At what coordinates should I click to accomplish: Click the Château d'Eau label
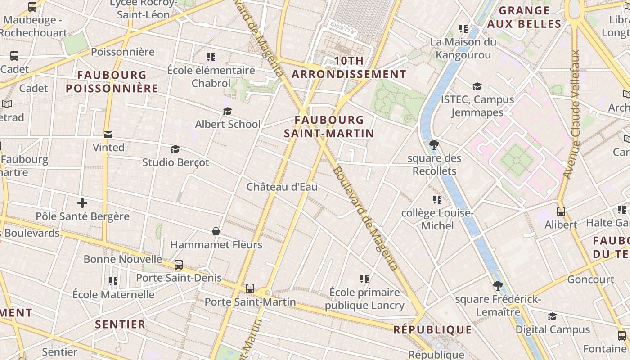[x=282, y=187]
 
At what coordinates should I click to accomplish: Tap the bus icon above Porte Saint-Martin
[x=250, y=288]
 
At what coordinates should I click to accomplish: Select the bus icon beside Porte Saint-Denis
[x=179, y=265]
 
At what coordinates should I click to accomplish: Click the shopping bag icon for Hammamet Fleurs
[x=216, y=231]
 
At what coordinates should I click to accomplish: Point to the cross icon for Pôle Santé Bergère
[x=82, y=203]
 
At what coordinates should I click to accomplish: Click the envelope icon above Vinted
[x=108, y=134]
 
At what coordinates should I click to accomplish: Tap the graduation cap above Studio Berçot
[x=175, y=149]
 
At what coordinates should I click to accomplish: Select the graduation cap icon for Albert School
[x=227, y=111]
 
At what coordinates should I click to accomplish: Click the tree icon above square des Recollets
[x=434, y=145]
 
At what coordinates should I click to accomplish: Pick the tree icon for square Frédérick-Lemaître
[x=498, y=286]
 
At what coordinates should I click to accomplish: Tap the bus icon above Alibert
[x=561, y=211]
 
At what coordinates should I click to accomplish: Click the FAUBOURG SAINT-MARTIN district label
[x=329, y=126]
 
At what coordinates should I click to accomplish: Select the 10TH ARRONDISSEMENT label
[x=349, y=68]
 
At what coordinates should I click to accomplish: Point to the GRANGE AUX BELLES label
[x=524, y=17]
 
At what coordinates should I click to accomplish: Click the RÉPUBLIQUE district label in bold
[x=433, y=330]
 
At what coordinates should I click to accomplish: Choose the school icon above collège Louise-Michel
[x=437, y=199]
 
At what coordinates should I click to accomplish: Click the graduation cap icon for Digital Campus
[x=552, y=316]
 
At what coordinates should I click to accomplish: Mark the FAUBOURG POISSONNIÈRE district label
[x=112, y=81]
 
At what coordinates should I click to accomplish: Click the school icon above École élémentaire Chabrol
[x=211, y=57]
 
